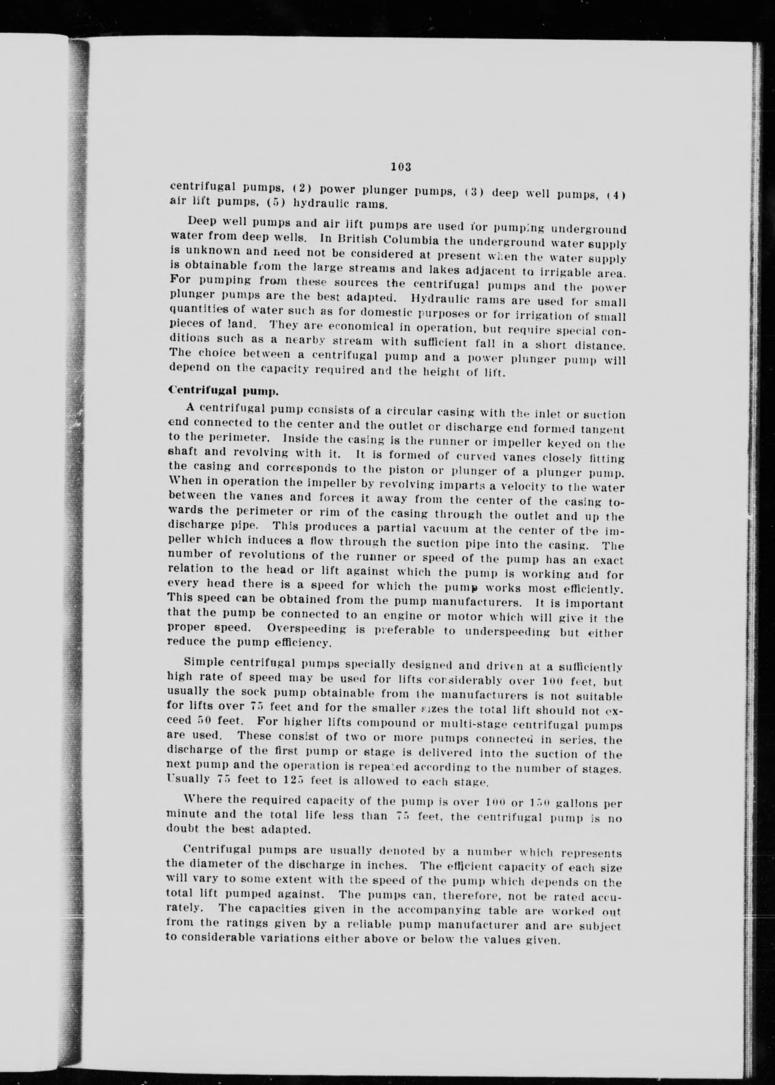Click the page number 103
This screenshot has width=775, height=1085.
(401, 167)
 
